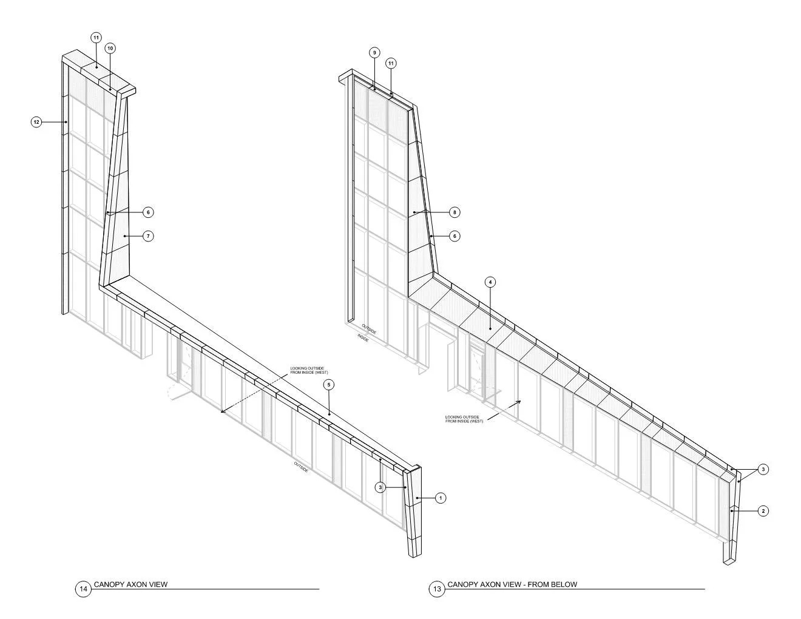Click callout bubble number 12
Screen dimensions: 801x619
pyautogui.click(x=36, y=122)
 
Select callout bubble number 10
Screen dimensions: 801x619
pyautogui.click(x=110, y=48)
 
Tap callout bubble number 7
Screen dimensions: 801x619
pyautogui.click(x=149, y=235)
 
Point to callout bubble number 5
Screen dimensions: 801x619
pyautogui.click(x=328, y=385)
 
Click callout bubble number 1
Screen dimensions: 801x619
pyautogui.click(x=441, y=498)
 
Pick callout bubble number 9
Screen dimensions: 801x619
pyautogui.click(x=374, y=53)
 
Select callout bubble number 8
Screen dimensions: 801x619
pyautogui.click(x=455, y=212)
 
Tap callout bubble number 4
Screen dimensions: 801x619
pyautogui.click(x=490, y=282)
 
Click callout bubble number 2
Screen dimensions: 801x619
pyautogui.click(x=763, y=511)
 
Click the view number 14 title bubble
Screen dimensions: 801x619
pyautogui.click(x=83, y=589)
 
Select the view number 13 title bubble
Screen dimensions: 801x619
pyautogui.click(x=436, y=589)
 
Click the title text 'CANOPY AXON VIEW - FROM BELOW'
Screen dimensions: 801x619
pyautogui.click(x=512, y=584)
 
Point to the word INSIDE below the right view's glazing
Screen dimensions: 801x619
pyautogui.click(x=363, y=337)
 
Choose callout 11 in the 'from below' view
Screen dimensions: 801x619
pyautogui.click(x=391, y=63)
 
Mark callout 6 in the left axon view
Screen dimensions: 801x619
pyautogui.click(x=149, y=212)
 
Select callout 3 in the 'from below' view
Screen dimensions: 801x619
pyautogui.click(x=763, y=469)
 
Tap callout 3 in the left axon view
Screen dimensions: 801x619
pyautogui.click(x=380, y=487)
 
